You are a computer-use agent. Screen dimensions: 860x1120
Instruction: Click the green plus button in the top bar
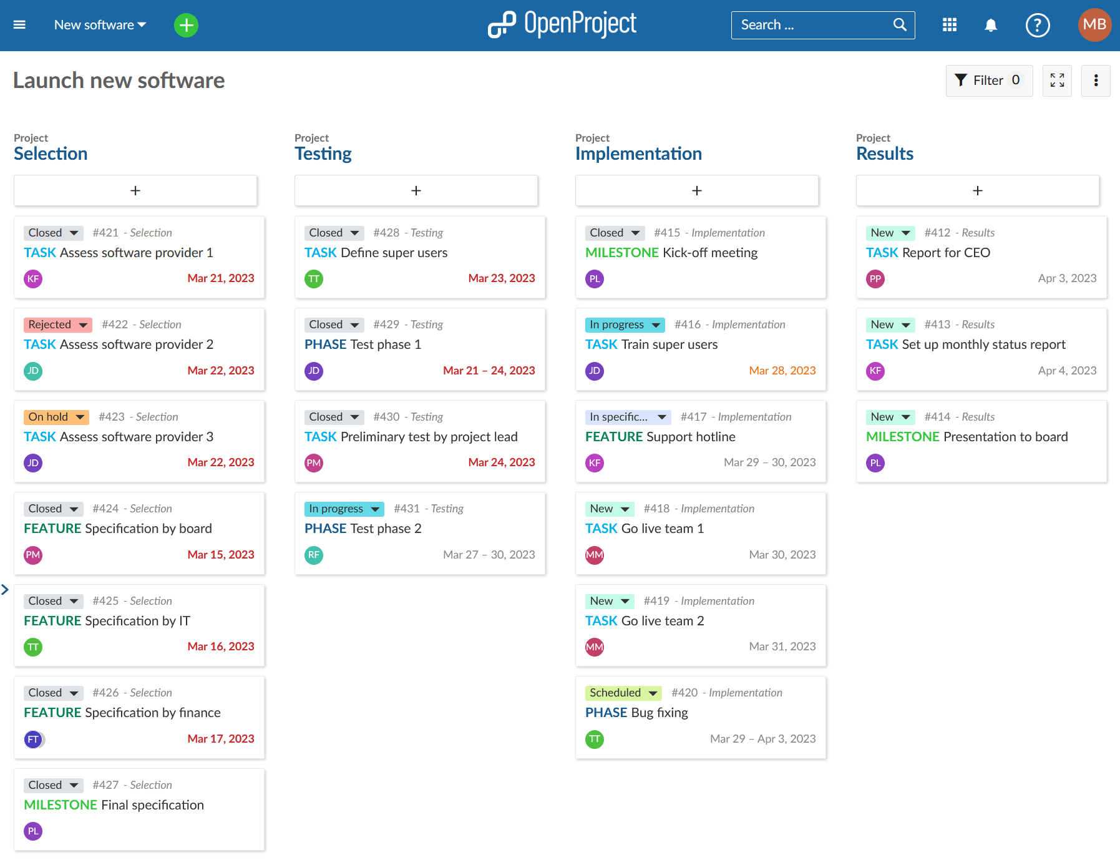tap(186, 26)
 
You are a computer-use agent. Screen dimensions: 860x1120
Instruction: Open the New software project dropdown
tap(100, 26)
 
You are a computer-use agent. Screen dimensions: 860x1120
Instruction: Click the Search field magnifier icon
tap(899, 25)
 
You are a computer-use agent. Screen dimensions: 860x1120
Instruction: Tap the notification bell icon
tap(990, 26)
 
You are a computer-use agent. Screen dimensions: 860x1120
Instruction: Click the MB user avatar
tap(1094, 25)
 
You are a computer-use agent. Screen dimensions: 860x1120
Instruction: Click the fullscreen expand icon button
tap(1057, 81)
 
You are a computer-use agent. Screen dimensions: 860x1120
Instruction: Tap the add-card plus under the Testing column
tap(416, 190)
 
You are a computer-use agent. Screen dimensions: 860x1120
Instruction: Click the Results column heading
tap(884, 154)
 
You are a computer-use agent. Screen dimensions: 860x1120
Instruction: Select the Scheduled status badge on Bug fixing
tap(623, 693)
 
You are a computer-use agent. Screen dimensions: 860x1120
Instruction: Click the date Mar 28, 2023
tap(782, 371)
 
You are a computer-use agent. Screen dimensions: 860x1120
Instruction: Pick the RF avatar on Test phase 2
tap(314, 555)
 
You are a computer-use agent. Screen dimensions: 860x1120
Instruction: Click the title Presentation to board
tap(1005, 437)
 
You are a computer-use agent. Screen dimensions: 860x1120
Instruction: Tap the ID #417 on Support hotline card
tap(693, 417)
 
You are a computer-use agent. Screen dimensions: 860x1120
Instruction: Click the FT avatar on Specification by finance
tap(34, 740)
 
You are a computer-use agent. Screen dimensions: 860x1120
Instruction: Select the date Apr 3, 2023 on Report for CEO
tap(1067, 278)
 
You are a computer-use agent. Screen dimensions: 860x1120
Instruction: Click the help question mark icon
tap(1037, 26)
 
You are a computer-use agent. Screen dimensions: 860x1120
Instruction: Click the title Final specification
tap(152, 805)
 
